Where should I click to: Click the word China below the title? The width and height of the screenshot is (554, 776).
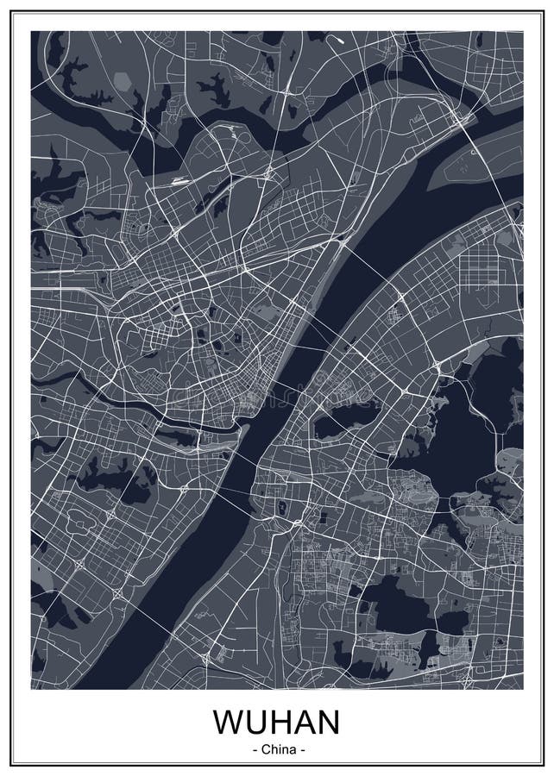click(278, 749)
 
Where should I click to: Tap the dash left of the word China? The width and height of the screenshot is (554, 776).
click(255, 749)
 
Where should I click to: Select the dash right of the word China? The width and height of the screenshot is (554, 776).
click(300, 749)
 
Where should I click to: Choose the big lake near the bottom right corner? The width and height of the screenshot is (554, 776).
click(393, 604)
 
